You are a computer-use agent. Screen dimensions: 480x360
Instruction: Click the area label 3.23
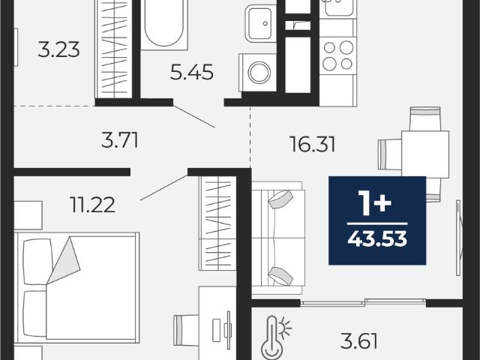[58, 49]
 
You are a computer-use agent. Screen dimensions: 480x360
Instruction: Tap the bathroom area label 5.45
[192, 73]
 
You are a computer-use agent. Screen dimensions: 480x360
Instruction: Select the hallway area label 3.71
[120, 140]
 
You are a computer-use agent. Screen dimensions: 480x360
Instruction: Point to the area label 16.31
[312, 145]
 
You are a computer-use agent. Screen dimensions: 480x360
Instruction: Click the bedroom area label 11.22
[92, 205]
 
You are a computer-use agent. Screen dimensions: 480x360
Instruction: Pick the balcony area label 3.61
[358, 341]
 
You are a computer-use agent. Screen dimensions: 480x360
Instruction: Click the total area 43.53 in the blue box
[377, 238]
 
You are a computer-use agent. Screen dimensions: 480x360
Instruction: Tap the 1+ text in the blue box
[376, 202]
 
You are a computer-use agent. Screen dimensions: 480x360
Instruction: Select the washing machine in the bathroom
[258, 73]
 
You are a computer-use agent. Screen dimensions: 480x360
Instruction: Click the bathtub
[163, 25]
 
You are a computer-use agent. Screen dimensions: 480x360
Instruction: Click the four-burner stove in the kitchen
[338, 55]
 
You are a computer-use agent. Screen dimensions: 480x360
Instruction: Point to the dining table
[425, 154]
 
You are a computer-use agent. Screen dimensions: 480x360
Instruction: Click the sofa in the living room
[278, 238]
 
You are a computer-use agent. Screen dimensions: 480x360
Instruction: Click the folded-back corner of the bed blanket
[64, 260]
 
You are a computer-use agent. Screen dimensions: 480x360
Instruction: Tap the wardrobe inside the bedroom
[217, 223]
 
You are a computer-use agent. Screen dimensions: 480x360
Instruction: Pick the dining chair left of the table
[390, 154]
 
